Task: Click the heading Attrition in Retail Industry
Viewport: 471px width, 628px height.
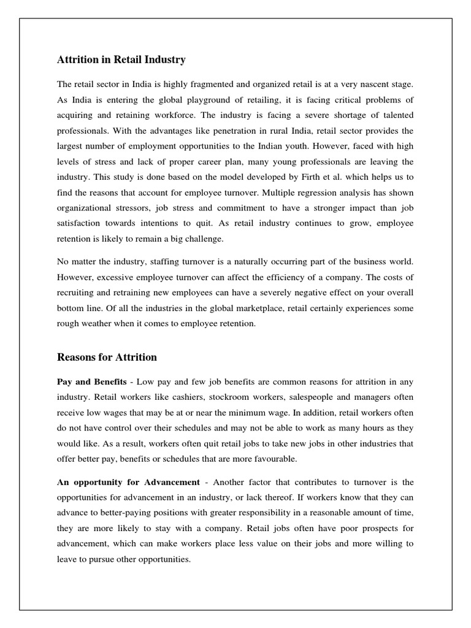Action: [x=121, y=59]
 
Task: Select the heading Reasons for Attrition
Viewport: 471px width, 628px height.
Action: [x=107, y=357]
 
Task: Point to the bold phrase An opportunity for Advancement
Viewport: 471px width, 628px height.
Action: [x=128, y=482]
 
